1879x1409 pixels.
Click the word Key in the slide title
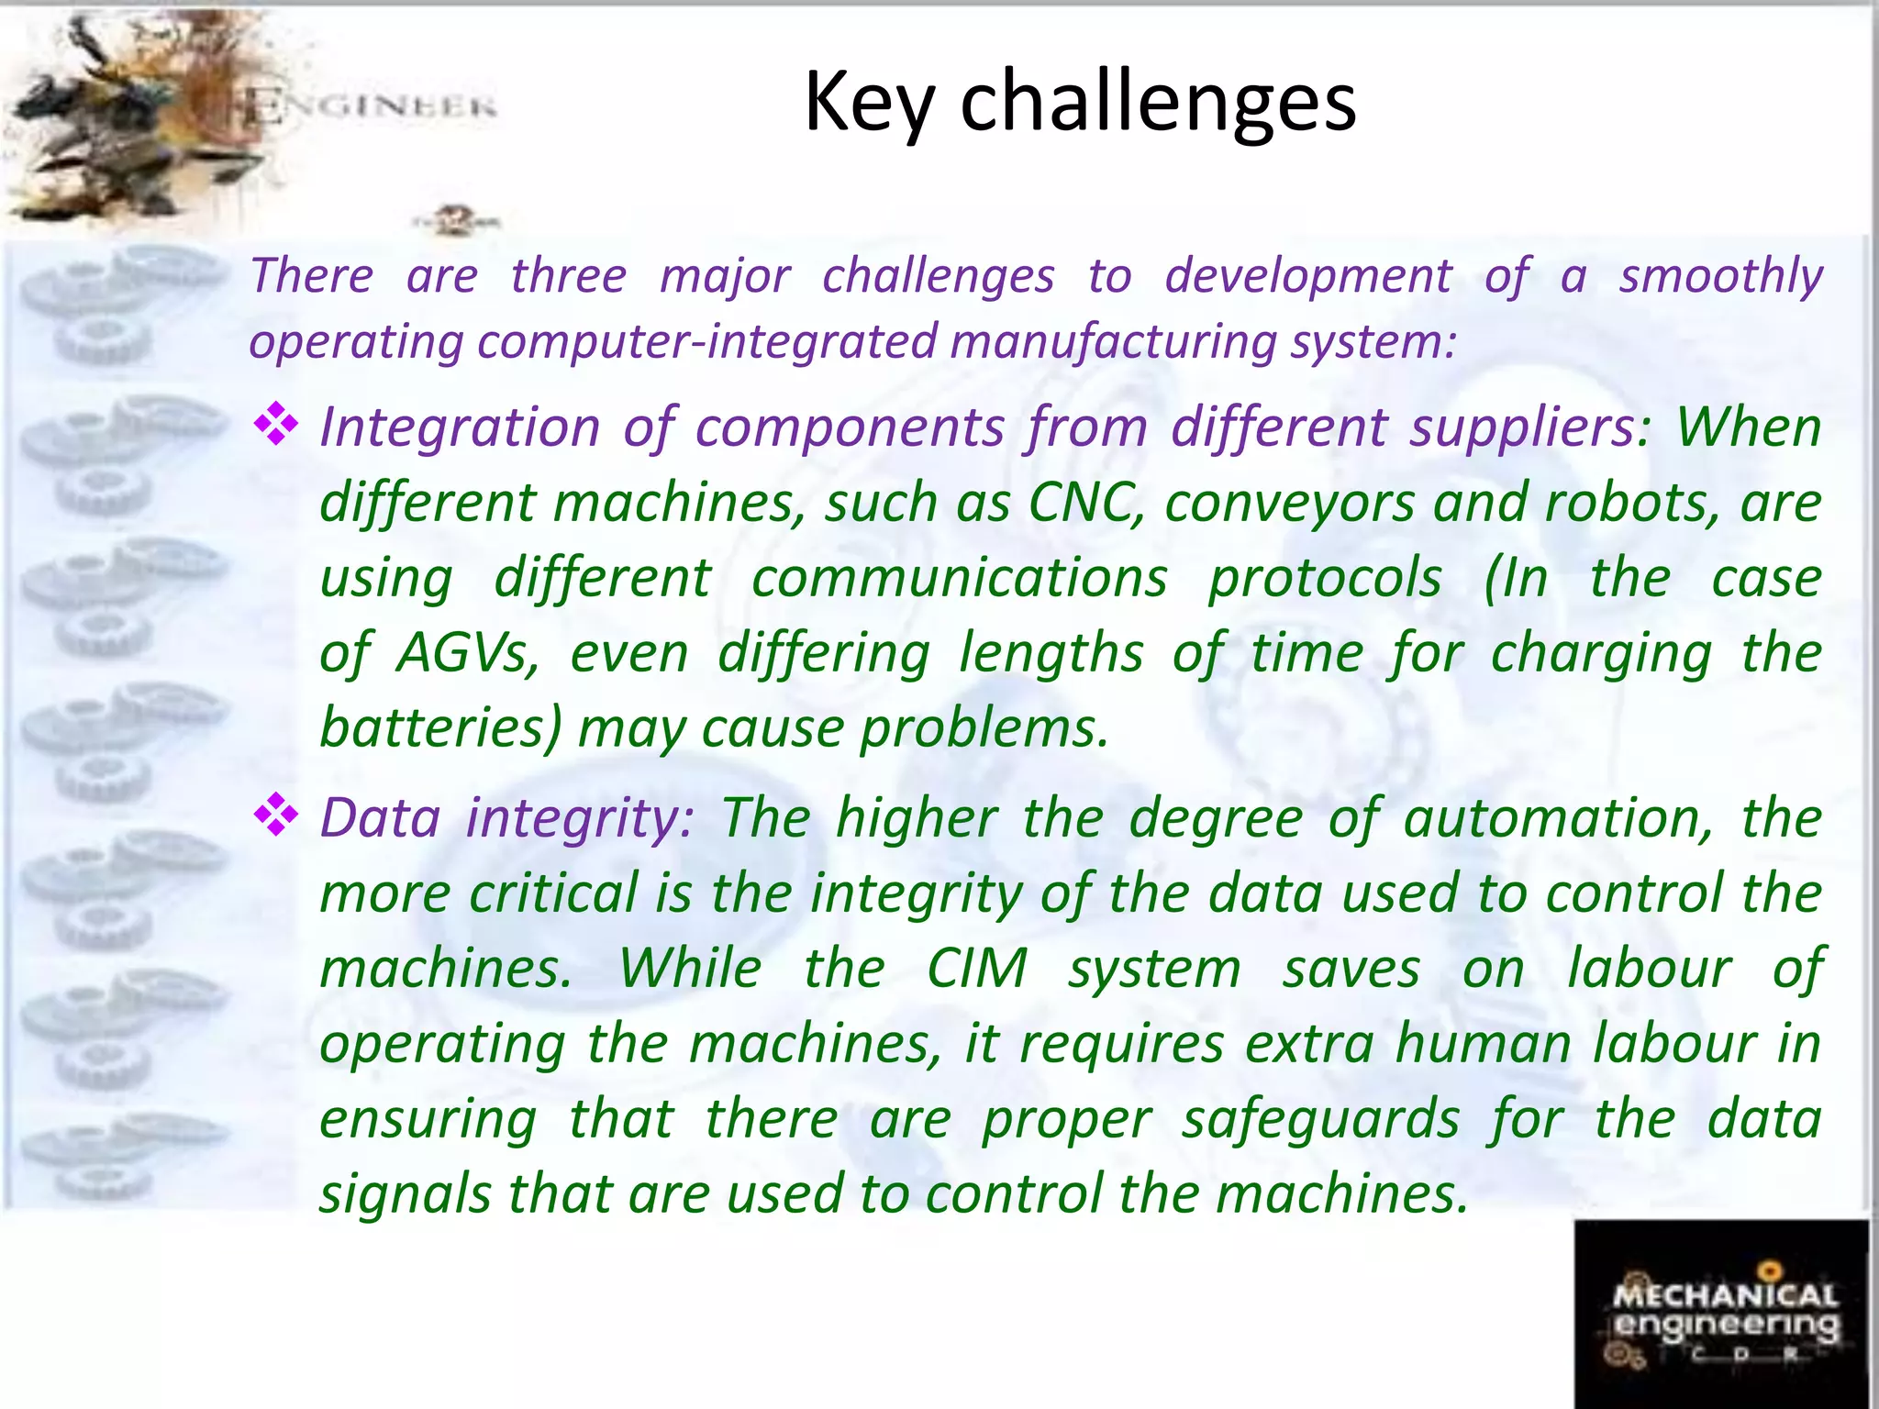point(869,103)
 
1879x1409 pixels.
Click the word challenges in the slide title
point(1158,103)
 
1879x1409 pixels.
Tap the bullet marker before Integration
point(276,425)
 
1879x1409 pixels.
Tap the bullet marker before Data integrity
point(276,815)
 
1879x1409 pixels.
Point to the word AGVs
point(468,653)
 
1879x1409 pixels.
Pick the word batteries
point(440,728)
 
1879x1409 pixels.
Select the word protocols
point(1325,580)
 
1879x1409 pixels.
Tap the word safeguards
point(1320,1121)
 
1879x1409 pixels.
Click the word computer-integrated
point(707,342)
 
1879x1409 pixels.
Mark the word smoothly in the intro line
point(1720,276)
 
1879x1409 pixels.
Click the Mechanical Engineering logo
point(1722,1313)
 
